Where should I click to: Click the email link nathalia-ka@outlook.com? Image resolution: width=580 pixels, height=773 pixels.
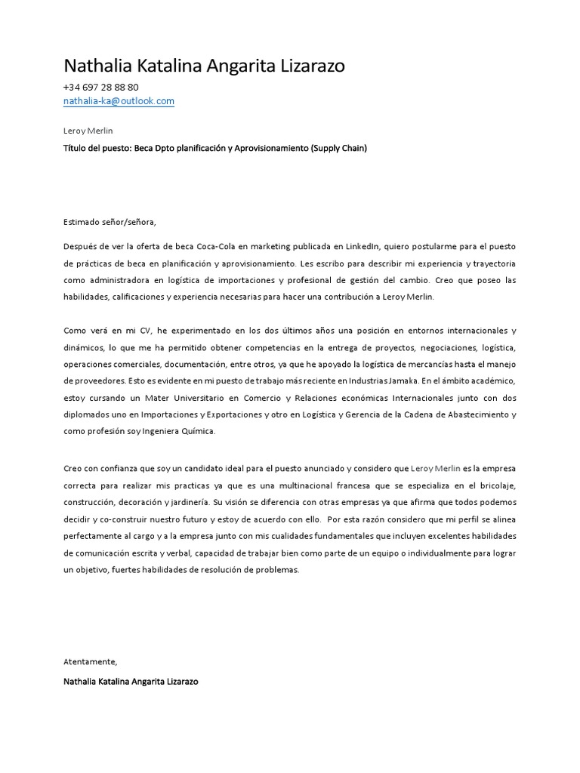point(119,101)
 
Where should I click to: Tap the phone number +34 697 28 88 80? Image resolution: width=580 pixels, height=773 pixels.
point(101,88)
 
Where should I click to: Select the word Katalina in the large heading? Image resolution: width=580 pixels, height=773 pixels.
point(168,66)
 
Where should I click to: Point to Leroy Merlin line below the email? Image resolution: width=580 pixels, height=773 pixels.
point(88,131)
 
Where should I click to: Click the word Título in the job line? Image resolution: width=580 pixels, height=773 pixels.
point(76,149)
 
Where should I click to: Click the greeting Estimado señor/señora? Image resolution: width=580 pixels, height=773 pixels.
point(110,222)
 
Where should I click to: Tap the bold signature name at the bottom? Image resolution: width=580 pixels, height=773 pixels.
point(131,681)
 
